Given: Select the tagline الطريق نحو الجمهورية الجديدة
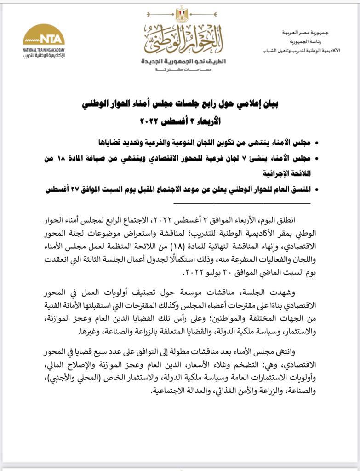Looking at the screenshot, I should tap(183, 61).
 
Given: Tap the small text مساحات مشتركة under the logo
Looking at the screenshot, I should tap(183, 69).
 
